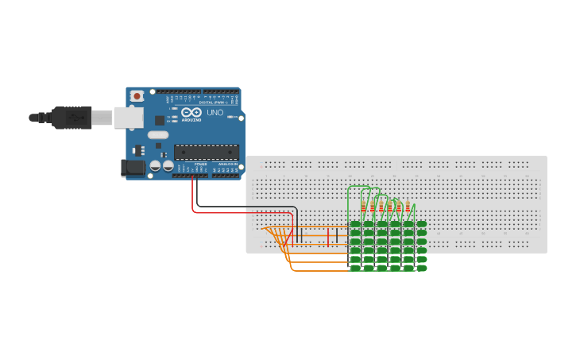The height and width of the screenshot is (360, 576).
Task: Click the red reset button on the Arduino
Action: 137,96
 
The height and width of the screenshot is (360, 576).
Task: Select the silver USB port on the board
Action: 127,118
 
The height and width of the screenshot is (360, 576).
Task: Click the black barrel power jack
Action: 132,168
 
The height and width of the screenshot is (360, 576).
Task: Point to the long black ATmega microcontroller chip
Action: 206,152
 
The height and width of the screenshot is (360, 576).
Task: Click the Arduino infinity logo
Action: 191,113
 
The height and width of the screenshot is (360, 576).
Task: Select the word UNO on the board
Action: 215,113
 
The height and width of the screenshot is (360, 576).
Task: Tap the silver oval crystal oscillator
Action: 158,134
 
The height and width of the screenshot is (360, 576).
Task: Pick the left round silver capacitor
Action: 156,166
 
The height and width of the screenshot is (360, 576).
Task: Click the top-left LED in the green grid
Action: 355,224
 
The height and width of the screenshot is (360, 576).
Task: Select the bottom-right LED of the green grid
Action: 421,268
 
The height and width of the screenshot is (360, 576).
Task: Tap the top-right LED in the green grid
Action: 421,224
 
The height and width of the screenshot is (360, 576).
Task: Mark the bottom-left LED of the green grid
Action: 355,268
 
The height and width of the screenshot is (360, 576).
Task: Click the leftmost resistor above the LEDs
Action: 363,208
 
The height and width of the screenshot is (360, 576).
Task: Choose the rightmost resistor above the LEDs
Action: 408,208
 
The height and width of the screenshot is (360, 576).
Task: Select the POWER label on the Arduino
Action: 200,164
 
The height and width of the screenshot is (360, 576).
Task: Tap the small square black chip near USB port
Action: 160,120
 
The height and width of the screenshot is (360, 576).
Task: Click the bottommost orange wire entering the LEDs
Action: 318,270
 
